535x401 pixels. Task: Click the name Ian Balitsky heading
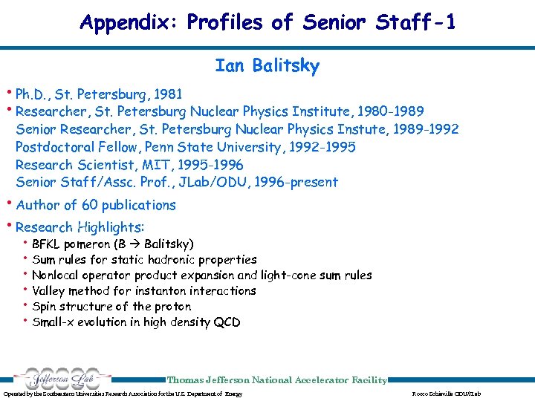267,66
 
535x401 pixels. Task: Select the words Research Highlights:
80,227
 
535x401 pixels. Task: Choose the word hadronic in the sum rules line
172,260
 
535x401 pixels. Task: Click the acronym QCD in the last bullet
227,322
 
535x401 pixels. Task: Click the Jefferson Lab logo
56,379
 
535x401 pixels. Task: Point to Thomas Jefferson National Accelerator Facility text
276,380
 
